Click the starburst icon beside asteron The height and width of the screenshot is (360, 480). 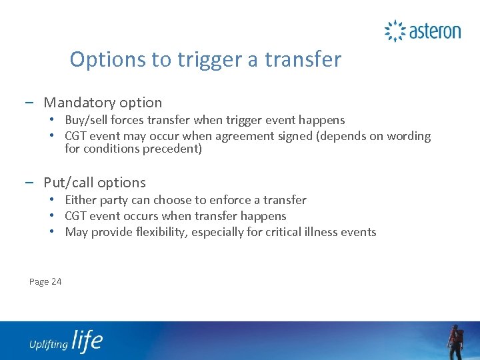click(x=395, y=31)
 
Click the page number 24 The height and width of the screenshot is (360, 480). click(x=56, y=281)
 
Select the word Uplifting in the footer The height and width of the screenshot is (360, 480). click(x=48, y=344)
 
